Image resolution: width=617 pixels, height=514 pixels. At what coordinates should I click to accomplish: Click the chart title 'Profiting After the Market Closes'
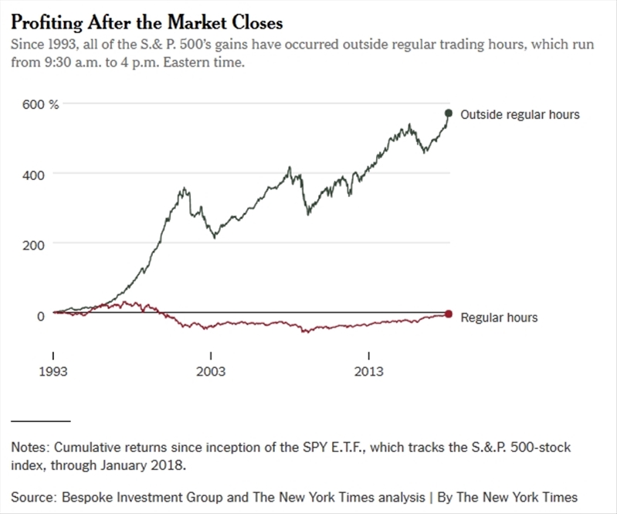pyautogui.click(x=147, y=21)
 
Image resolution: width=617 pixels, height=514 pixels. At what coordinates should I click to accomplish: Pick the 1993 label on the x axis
pyautogui.click(x=53, y=373)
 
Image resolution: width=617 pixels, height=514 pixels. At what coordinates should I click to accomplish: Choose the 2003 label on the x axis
pyautogui.click(x=211, y=373)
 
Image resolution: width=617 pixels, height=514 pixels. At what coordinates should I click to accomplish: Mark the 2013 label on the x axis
pyautogui.click(x=369, y=373)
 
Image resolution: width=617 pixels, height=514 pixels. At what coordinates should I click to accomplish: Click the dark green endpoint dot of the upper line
pyautogui.click(x=449, y=114)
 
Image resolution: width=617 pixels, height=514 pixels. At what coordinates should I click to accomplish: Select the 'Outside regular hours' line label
pyautogui.click(x=520, y=114)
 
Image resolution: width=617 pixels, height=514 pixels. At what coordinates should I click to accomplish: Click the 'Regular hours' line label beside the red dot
pyautogui.click(x=499, y=317)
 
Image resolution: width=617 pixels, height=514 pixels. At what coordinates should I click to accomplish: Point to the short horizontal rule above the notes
pyautogui.click(x=40, y=420)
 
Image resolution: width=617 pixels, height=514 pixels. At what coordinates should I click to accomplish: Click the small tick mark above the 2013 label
pyautogui.click(x=369, y=356)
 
